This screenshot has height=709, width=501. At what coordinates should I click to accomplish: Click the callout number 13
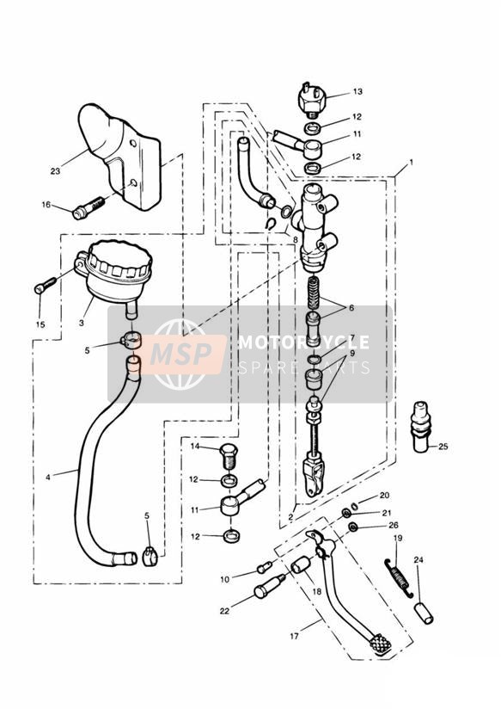[x=357, y=92]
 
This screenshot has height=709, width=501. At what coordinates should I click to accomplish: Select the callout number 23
[x=55, y=171]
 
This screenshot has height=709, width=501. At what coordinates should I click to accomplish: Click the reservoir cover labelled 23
[x=120, y=156]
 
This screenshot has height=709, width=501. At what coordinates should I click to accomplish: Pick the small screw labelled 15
[x=46, y=285]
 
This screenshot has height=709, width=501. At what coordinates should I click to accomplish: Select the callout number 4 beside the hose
[x=48, y=477]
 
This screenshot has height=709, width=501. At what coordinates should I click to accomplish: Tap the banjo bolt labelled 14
[x=227, y=456]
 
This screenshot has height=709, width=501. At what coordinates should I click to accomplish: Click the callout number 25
[x=443, y=447]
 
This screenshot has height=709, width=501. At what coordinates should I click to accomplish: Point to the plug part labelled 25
[x=421, y=427]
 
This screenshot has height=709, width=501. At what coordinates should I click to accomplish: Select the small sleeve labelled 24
[x=425, y=613]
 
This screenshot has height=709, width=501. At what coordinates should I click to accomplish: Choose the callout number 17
[x=295, y=636]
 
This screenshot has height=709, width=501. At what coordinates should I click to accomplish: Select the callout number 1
[x=411, y=162]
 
